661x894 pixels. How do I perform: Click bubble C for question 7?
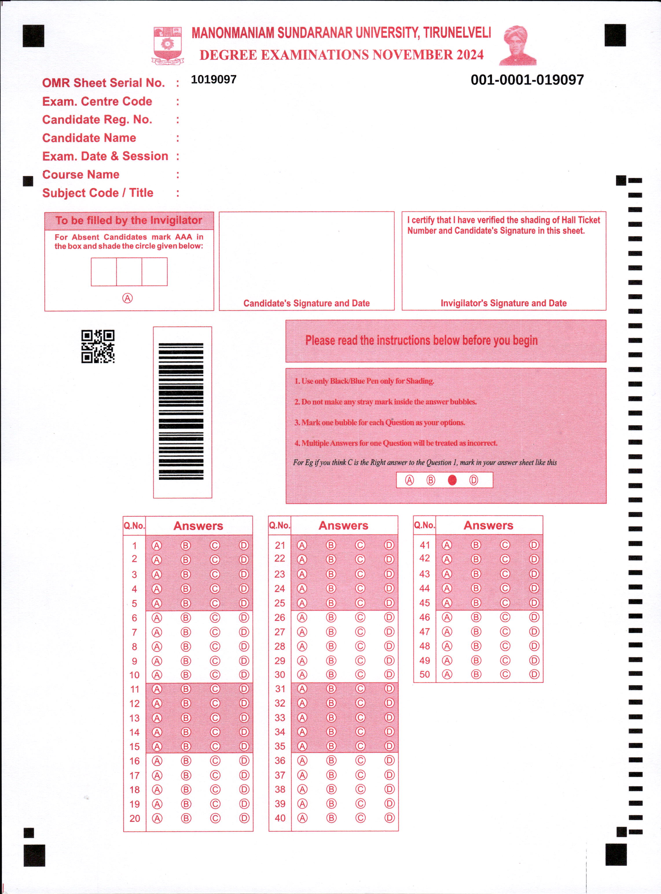tap(215, 632)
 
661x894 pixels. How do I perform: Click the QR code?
tap(98, 347)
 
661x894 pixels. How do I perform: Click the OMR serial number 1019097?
tap(214, 80)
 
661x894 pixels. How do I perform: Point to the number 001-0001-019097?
tap(527, 80)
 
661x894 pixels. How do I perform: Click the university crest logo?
tap(168, 45)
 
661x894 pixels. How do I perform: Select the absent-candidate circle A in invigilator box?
tap(127, 298)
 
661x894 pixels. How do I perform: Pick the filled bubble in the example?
tap(452, 480)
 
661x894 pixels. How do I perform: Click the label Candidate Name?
tap(89, 138)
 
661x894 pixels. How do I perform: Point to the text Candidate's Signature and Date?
tap(306, 303)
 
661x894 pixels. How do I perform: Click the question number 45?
tap(425, 603)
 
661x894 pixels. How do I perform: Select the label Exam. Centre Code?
tap(97, 102)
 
